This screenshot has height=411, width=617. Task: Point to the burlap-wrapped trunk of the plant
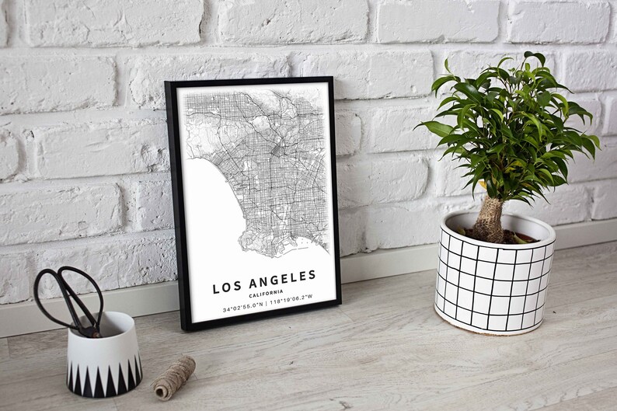point(490,220)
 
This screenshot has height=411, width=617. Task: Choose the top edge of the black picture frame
point(249,81)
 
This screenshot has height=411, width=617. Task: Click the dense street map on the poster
point(264,163)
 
